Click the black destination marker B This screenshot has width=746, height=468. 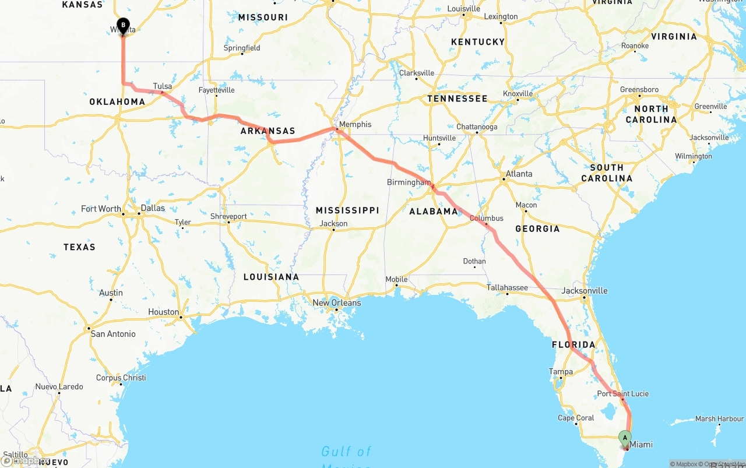point(123,25)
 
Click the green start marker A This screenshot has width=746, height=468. point(625,437)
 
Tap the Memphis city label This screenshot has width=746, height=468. point(355,124)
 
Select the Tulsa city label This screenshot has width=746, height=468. point(163,86)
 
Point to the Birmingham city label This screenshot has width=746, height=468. point(409,182)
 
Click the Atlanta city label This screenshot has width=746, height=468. point(519,174)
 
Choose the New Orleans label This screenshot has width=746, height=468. point(337,302)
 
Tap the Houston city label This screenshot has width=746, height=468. point(164,312)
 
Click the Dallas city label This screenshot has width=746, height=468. point(153,208)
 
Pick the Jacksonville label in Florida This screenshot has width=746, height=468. point(585,291)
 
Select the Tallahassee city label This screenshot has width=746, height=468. point(507,287)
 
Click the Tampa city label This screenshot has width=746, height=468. point(561,371)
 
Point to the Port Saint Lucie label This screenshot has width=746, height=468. point(622,393)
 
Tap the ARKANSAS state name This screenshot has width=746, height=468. point(268,131)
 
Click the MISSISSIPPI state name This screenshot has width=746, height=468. point(347,210)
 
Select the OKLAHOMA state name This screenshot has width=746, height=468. point(117,102)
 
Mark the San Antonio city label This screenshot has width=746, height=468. point(113,334)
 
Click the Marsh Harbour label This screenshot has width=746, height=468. point(719,418)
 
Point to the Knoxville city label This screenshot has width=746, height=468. point(518,94)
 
